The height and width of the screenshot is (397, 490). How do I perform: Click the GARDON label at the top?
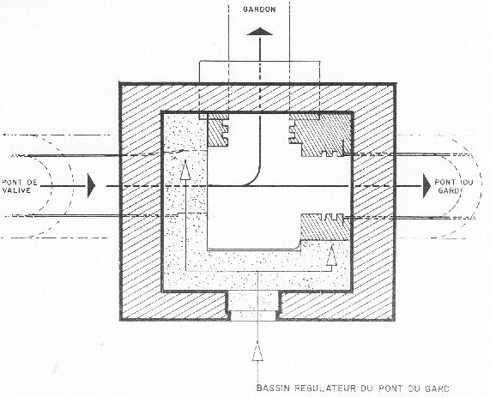pos(259,9)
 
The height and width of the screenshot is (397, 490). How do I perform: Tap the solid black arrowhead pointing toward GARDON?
pos(260,32)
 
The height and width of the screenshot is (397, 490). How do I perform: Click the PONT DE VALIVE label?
pos(20,186)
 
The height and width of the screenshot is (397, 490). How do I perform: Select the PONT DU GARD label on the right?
pos(454,186)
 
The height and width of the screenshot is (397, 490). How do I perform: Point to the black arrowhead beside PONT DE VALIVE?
pos(91,185)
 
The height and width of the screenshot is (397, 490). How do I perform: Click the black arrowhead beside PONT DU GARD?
pos(426,186)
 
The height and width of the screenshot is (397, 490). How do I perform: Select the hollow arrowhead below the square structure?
pos(257,351)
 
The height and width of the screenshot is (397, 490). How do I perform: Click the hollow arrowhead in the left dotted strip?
pos(185,170)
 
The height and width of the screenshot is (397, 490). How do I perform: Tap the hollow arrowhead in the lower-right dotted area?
pos(331,256)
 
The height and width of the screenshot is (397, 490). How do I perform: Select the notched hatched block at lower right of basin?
pos(325,227)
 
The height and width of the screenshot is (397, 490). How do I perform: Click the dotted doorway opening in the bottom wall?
pos(253,306)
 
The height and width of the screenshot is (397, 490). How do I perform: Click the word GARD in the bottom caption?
pos(437,388)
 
